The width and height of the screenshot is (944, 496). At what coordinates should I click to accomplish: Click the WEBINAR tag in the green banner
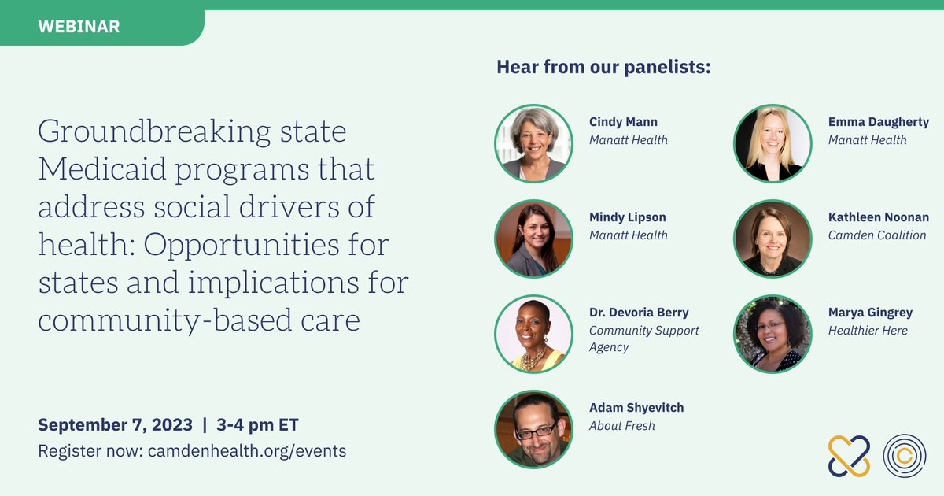[79, 27]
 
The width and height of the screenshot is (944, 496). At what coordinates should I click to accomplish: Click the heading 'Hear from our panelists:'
[603, 68]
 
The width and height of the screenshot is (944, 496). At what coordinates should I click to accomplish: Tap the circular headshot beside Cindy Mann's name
[533, 143]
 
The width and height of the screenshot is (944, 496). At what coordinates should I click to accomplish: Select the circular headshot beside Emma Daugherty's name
[773, 143]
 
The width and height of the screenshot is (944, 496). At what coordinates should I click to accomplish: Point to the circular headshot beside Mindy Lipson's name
[533, 239]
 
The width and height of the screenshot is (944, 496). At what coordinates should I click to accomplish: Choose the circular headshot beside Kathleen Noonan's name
[773, 239]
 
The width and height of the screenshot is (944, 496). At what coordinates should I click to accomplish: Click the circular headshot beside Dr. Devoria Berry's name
[533, 334]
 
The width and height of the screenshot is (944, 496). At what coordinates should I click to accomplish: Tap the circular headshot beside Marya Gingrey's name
[773, 334]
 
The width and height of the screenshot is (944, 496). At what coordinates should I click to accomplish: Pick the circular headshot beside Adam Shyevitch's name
[533, 429]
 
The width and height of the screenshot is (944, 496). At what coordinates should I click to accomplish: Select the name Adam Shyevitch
[636, 408]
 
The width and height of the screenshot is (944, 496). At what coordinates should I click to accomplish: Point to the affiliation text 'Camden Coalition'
[876, 235]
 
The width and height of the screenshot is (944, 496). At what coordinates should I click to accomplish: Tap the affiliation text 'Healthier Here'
[868, 331]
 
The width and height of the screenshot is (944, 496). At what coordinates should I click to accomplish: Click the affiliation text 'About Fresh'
[621, 426]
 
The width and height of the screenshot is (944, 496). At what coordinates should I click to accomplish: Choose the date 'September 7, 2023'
[115, 425]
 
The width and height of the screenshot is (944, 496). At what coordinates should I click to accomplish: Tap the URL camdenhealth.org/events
[247, 451]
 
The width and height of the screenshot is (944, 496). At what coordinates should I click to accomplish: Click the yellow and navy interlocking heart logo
[849, 455]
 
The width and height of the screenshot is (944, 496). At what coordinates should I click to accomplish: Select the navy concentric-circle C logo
[904, 455]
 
